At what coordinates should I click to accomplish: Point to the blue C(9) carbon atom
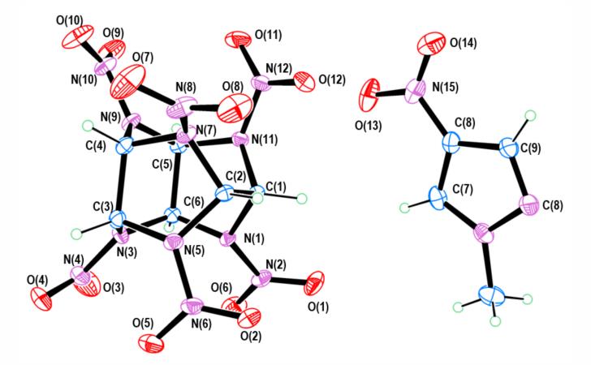(509, 148)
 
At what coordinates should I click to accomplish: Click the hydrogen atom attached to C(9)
(531, 115)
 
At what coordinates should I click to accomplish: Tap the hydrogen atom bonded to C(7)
(405, 208)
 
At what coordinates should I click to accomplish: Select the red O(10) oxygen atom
(77, 36)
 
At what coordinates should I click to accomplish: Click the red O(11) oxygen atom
(237, 38)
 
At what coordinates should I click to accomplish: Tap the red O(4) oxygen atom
(41, 298)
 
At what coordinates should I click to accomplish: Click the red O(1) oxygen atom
(315, 283)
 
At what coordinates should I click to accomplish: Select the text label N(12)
(279, 69)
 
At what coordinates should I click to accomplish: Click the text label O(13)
(369, 127)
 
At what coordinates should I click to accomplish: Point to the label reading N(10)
(84, 79)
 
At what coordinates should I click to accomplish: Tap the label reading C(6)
(194, 202)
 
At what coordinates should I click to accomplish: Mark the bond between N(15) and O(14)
(423, 67)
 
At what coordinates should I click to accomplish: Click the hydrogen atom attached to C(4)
(88, 126)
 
